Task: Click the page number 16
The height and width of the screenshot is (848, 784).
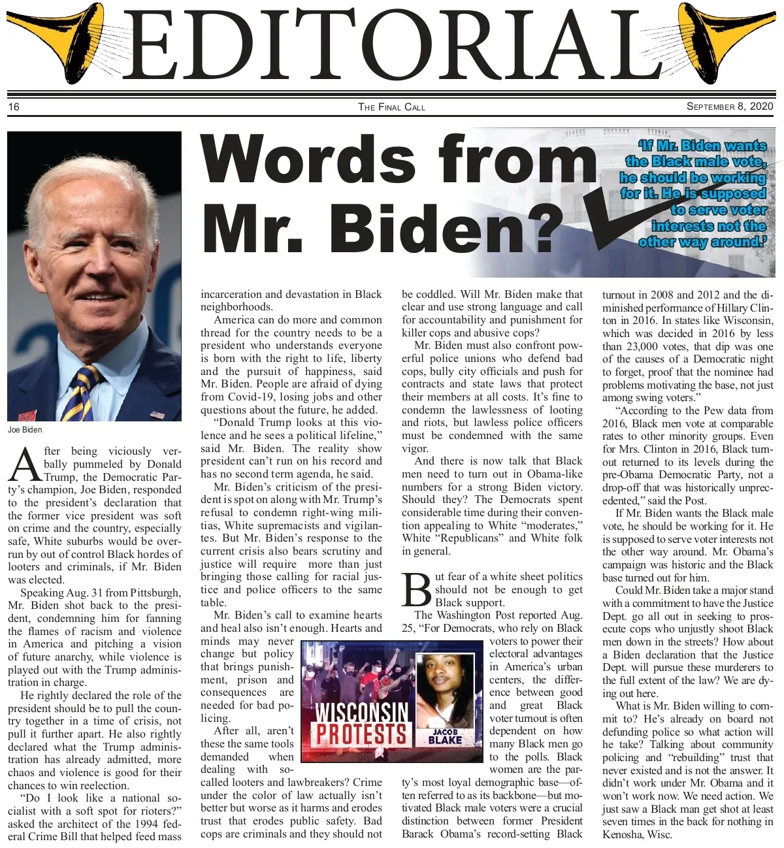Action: point(14,106)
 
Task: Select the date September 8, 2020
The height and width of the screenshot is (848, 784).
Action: point(729,106)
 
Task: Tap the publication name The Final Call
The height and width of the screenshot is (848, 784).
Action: point(391,106)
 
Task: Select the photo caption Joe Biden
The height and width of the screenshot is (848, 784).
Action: point(25,429)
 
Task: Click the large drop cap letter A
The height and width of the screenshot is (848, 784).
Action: point(25,465)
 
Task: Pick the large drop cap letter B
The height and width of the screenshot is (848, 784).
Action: point(417,590)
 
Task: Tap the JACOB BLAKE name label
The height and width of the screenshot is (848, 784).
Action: point(445,736)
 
